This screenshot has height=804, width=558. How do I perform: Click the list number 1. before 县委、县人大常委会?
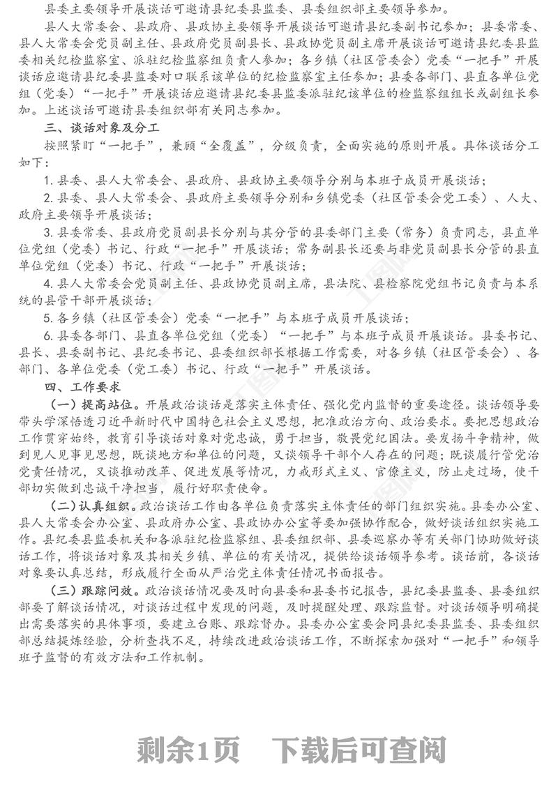pos(47,180)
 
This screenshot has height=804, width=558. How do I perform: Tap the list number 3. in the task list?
pos(47,232)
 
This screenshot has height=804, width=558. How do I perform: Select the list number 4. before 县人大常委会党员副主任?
pos(47,283)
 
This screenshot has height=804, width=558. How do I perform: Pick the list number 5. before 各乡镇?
pos(47,317)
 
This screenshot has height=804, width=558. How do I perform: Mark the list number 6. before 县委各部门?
pos(47,335)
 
